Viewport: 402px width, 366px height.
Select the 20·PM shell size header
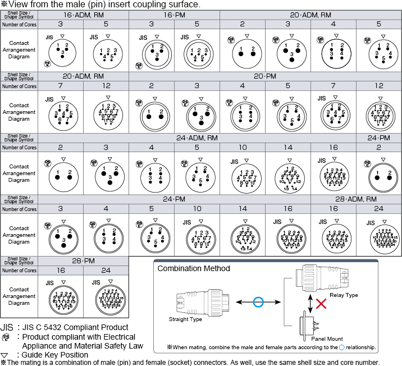point(264,76)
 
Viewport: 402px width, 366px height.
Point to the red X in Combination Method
point(321,304)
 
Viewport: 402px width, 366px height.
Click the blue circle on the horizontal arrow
point(258,303)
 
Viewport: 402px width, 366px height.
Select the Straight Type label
point(186,320)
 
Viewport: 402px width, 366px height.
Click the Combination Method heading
point(194,268)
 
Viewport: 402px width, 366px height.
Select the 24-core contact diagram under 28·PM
point(106,296)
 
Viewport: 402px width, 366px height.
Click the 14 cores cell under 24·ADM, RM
point(287,148)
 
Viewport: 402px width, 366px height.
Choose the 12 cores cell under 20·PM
point(380,86)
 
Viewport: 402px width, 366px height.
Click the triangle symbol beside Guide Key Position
point(5,355)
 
